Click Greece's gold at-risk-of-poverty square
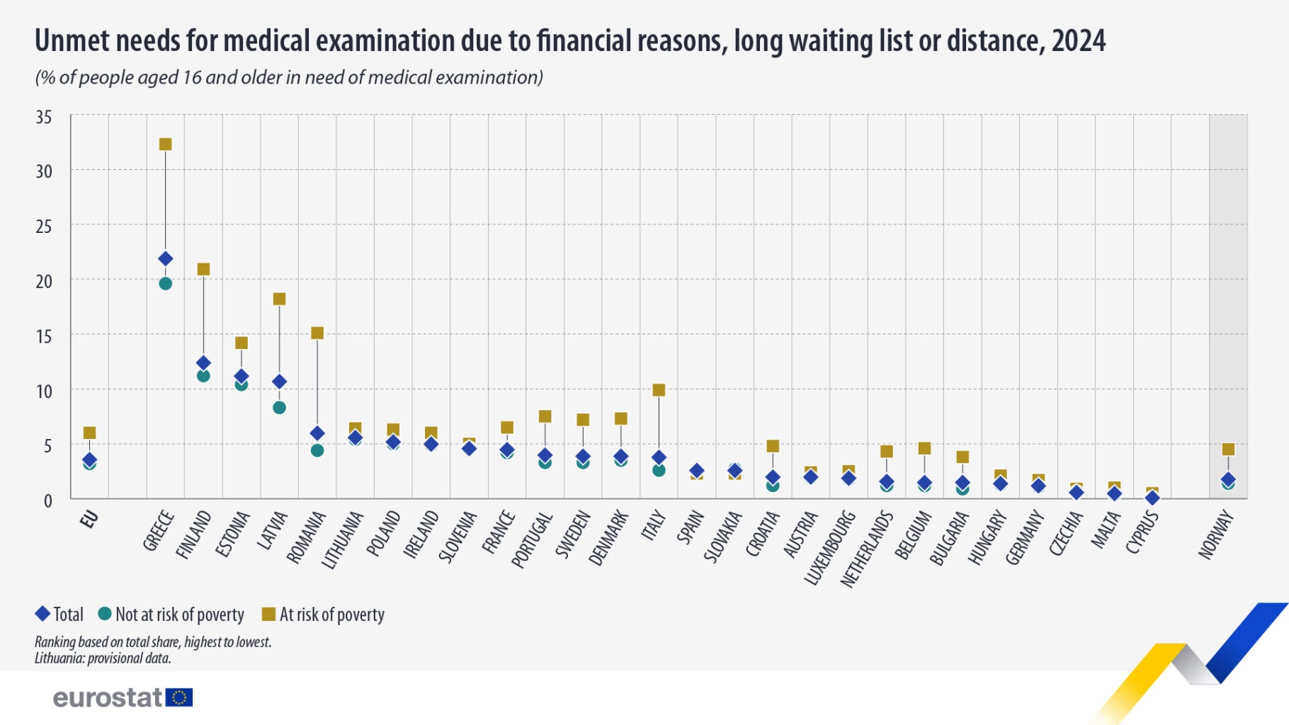(x=165, y=144)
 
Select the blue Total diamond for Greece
(x=165, y=259)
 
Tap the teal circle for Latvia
(x=279, y=408)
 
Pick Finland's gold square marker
(x=203, y=269)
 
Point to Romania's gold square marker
(x=317, y=333)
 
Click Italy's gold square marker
(x=659, y=390)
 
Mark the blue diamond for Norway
(x=1228, y=480)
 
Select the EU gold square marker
(x=89, y=433)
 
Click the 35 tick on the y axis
(x=44, y=117)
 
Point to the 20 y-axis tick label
(x=44, y=282)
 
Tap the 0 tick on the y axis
(x=47, y=501)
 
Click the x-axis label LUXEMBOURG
(x=829, y=548)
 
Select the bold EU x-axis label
(x=89, y=520)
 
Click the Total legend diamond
(x=42, y=614)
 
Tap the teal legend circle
(x=105, y=614)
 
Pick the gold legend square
(x=268, y=614)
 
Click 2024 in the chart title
(x=1078, y=41)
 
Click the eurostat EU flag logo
(x=179, y=698)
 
